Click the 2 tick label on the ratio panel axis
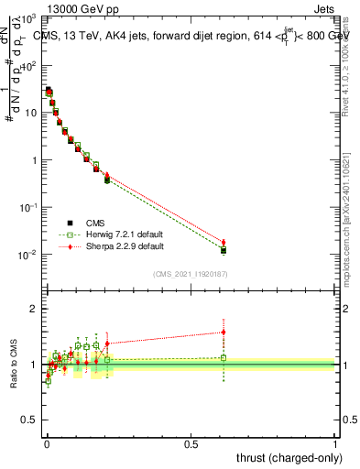click(x=35, y=309)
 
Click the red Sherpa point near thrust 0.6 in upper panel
click(x=224, y=242)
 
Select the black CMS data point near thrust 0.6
click(x=224, y=250)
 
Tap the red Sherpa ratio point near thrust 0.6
click(x=224, y=332)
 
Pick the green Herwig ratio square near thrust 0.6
click(x=224, y=358)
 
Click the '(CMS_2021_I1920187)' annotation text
click(x=191, y=274)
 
